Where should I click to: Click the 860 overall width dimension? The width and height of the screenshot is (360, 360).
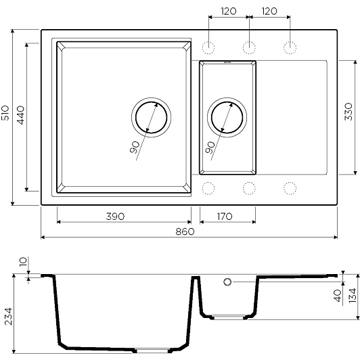[185, 231]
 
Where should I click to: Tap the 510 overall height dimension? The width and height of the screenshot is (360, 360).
[5, 113]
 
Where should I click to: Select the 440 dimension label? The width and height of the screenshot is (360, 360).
[21, 115]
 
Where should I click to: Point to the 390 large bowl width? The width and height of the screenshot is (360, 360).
[115, 217]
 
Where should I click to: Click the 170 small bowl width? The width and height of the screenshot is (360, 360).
[225, 217]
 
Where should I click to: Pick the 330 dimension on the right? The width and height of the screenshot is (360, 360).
[348, 112]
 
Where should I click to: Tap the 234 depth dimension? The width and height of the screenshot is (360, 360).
[9, 317]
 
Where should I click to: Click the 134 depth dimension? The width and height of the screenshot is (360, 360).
[353, 296]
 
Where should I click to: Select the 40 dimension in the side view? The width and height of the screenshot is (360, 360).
[338, 296]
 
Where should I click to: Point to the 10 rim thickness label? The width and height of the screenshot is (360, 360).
[23, 262]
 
